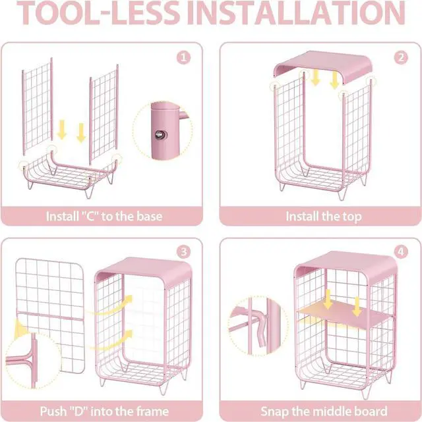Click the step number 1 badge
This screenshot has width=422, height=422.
point(183,58)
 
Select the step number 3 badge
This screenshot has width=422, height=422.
point(183,251)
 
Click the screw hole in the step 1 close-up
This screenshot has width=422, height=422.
point(160,134)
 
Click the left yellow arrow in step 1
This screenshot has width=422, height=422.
point(62,130)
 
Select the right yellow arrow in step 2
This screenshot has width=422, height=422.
point(334,80)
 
